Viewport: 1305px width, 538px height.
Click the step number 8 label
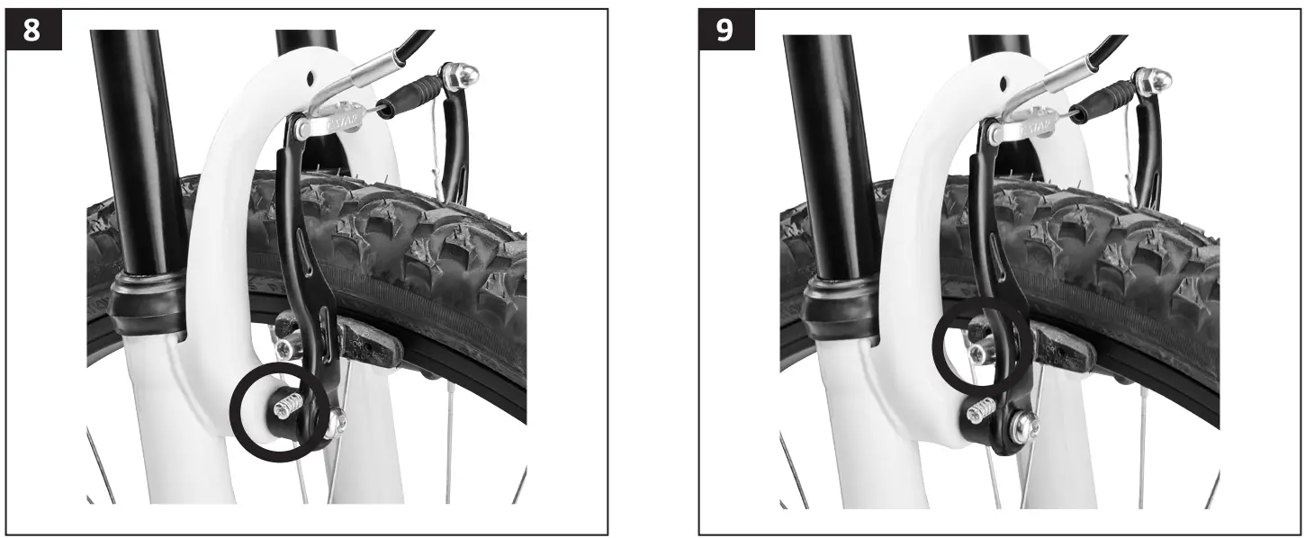tap(31, 30)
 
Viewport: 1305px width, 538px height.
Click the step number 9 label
tap(724, 30)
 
